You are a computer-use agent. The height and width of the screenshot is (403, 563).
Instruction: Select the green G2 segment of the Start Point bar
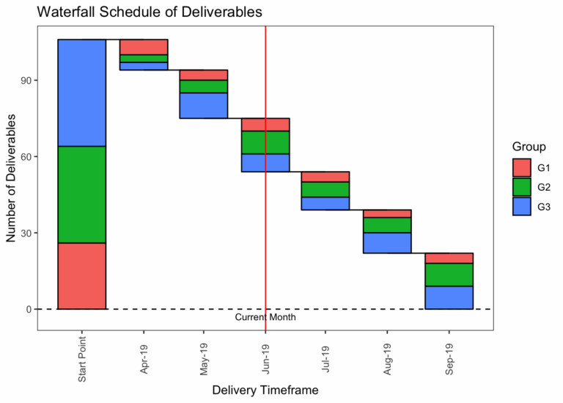82,195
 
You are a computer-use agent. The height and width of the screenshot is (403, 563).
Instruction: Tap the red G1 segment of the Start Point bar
82,276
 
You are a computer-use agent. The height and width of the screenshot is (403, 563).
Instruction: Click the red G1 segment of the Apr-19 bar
144,47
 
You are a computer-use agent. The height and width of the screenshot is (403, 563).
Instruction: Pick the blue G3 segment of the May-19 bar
204,105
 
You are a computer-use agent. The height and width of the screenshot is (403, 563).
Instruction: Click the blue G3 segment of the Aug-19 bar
387,243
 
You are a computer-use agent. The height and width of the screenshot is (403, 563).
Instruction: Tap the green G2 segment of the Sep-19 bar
449,274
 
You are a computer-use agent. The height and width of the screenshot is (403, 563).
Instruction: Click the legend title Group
528,147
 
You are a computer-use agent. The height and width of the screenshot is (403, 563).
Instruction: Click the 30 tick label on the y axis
25,233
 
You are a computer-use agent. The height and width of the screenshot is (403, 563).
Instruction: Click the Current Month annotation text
265,318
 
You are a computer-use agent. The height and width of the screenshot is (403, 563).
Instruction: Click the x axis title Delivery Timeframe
265,391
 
